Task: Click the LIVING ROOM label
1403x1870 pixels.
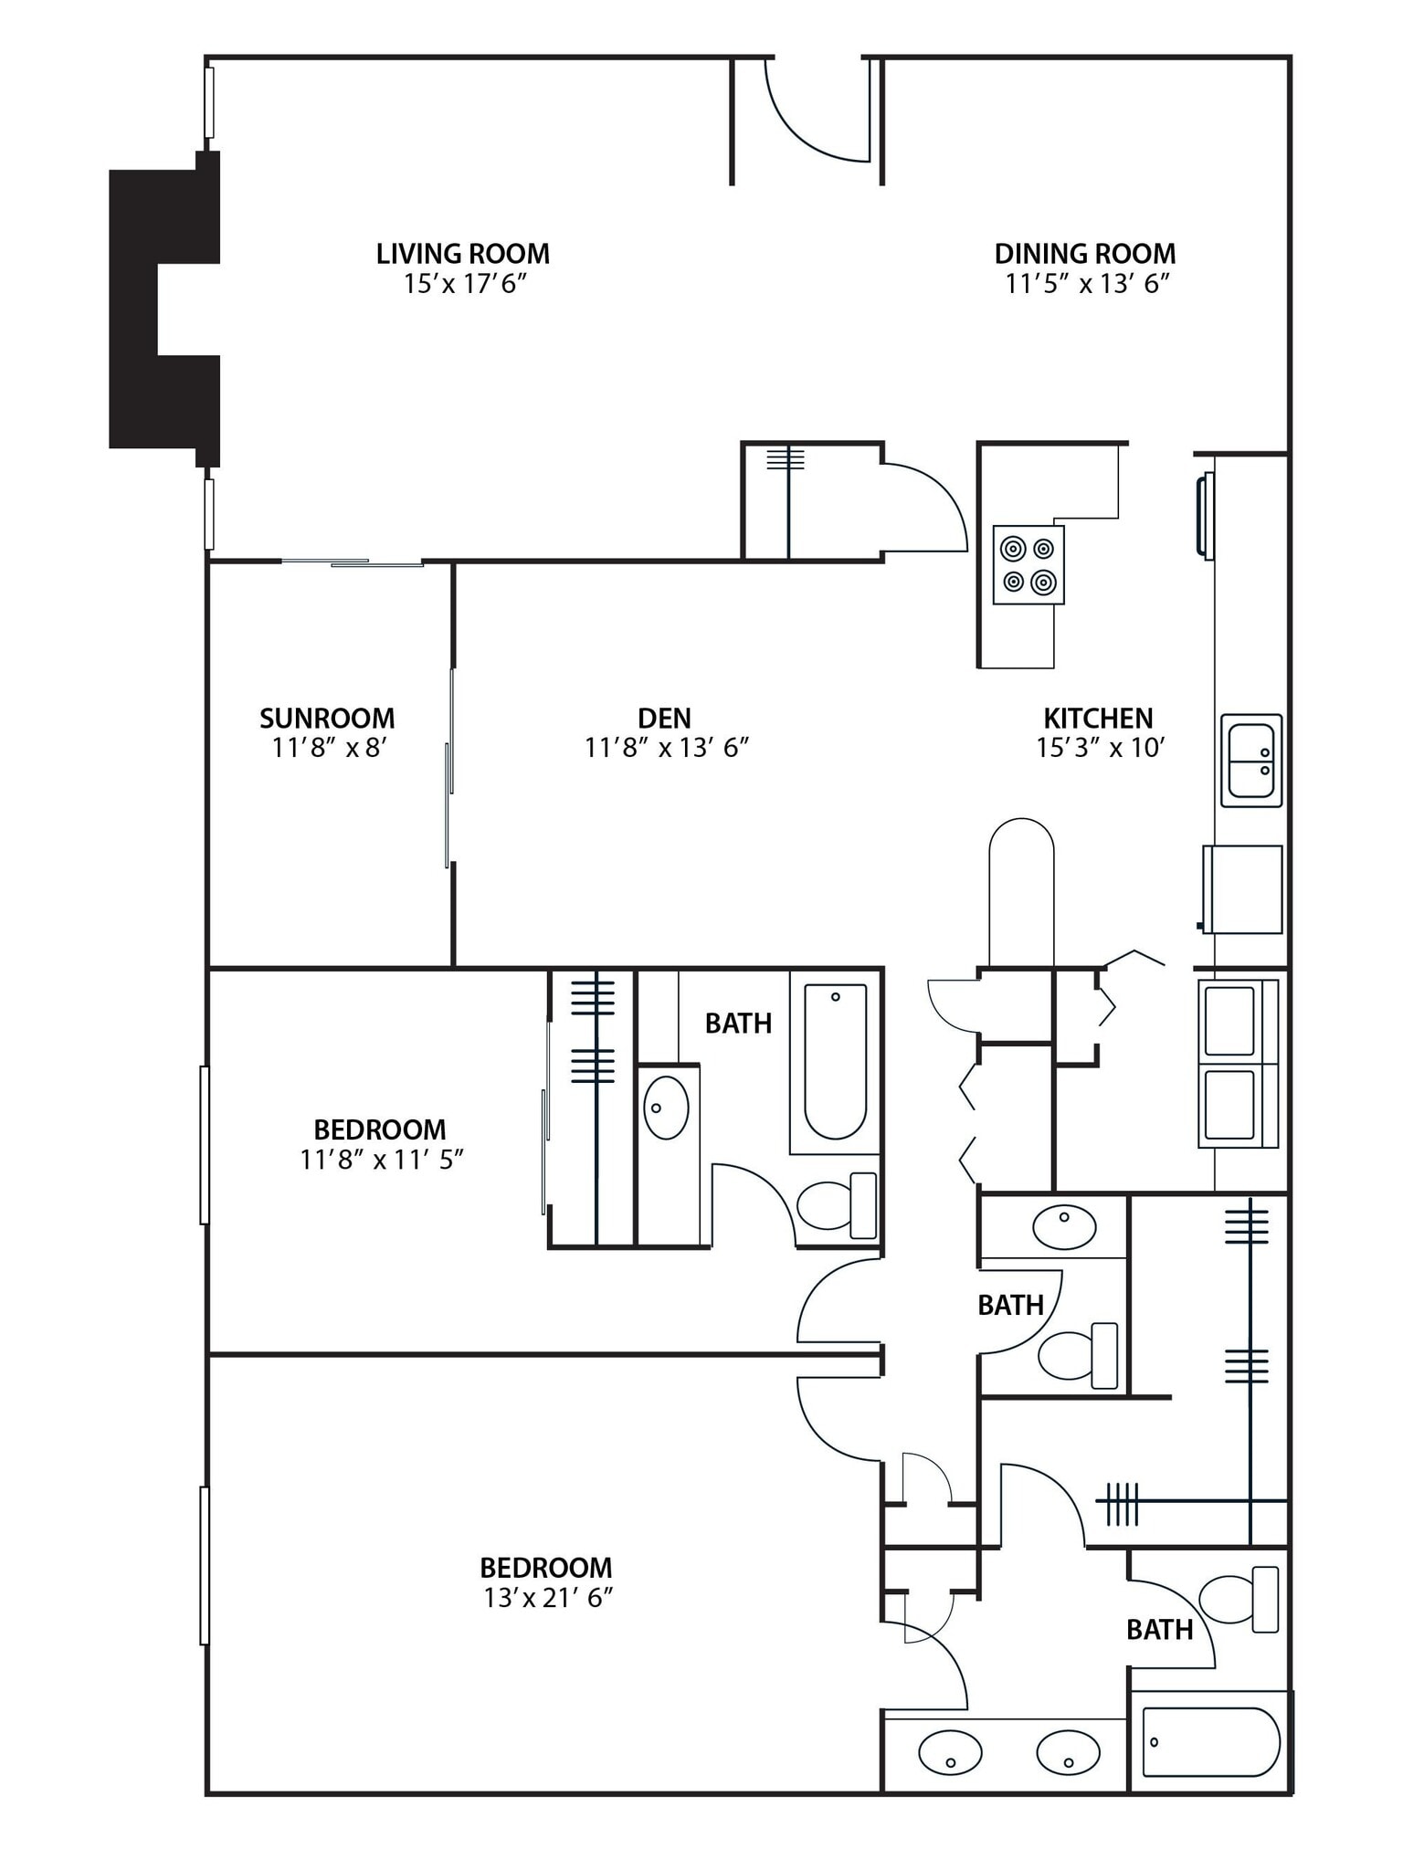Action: (462, 253)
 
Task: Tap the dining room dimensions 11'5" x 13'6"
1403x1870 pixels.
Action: (1087, 284)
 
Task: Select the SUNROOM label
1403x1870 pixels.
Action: (327, 718)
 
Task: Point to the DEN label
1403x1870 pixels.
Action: (664, 718)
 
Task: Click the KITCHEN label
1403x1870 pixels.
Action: (1098, 718)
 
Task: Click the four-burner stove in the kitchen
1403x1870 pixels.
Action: (1029, 564)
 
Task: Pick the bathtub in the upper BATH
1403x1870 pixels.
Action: (835, 1061)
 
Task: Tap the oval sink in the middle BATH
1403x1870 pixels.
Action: (1064, 1226)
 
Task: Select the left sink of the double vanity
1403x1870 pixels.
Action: (950, 1752)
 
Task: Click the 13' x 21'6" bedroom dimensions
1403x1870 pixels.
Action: (547, 1598)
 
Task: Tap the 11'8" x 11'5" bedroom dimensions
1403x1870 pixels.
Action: (382, 1160)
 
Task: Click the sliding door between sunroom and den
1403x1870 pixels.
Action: (449, 767)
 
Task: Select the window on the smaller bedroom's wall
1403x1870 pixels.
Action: (205, 1144)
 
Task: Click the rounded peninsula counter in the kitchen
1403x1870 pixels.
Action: (1021, 890)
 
